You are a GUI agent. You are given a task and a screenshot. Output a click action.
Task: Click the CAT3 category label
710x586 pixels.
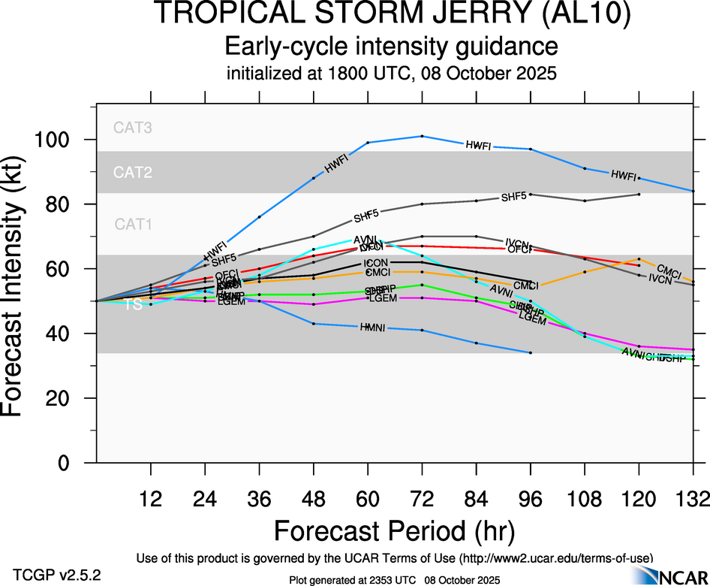click(x=133, y=128)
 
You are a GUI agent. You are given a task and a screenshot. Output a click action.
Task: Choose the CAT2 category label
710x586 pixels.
click(x=133, y=173)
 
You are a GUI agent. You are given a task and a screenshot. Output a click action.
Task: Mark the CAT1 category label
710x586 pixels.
click(x=133, y=224)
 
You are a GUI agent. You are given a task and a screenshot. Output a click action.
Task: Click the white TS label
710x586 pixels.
click(x=133, y=304)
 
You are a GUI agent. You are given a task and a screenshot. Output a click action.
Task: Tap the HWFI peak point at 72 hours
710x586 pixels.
click(x=423, y=136)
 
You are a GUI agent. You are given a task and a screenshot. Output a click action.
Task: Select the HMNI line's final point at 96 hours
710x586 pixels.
click(x=531, y=352)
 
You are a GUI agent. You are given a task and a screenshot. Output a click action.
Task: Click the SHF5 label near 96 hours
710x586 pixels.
click(x=513, y=198)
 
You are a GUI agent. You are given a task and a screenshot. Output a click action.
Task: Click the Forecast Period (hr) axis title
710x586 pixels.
click(x=394, y=531)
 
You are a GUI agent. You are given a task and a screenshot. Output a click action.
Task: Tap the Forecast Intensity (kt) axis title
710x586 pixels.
click(x=19, y=288)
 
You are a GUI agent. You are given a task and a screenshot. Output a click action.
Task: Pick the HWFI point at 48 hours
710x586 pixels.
click(x=314, y=178)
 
